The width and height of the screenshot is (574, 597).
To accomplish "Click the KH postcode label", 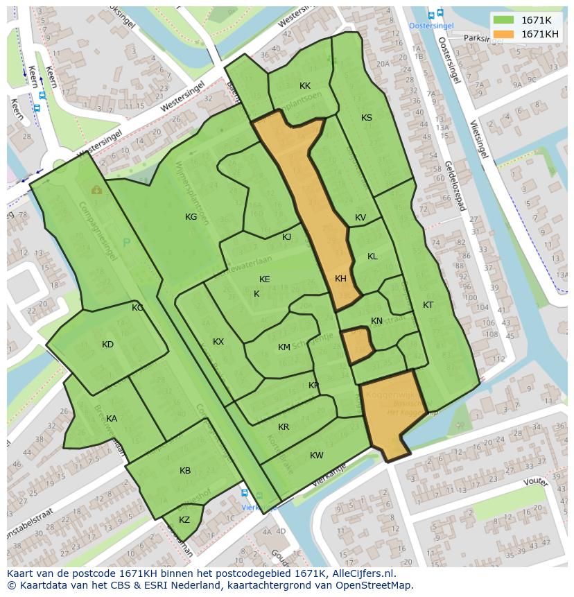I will click(x=340, y=279).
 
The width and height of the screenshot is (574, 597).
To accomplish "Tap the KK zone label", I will click(x=305, y=86).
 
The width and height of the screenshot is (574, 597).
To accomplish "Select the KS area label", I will click(x=367, y=118).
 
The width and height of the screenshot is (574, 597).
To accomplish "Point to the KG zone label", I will click(x=191, y=217).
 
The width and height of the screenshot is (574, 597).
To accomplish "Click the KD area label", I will click(x=107, y=345).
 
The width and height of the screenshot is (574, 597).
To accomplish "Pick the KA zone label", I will click(x=112, y=419).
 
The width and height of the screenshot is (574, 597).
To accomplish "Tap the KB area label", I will click(x=185, y=471).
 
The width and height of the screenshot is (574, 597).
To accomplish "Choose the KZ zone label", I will click(x=184, y=520).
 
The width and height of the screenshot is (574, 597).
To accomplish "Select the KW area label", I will click(x=317, y=456).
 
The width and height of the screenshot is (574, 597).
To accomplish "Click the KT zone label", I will click(x=428, y=305).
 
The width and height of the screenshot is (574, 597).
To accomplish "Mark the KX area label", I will click(x=218, y=342).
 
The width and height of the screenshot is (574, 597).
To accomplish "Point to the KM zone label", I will click(x=284, y=347).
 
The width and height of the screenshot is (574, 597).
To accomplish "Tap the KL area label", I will click(x=372, y=257).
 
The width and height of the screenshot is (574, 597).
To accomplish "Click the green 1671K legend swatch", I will click(x=504, y=21).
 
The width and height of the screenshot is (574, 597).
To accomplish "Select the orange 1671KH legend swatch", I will click(x=504, y=34).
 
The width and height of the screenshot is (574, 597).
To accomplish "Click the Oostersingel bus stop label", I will click(x=431, y=26).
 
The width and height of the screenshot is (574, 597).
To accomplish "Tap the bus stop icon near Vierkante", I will click(x=244, y=493).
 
